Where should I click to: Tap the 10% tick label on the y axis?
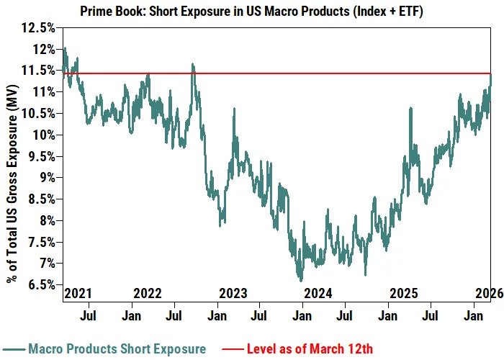point(40,135)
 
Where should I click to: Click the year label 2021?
point(78,294)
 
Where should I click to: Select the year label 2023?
point(233,294)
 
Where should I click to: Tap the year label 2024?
point(318,294)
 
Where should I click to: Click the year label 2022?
point(147,294)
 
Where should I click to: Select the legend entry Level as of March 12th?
point(310,349)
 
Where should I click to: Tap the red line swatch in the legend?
point(230,349)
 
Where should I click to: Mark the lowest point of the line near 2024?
point(300,280)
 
